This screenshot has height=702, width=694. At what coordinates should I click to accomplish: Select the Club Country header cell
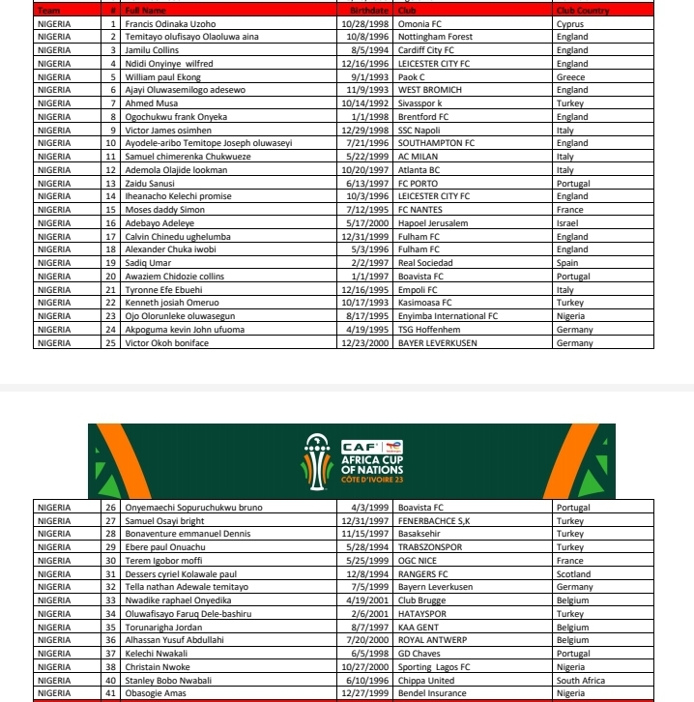point(583,10)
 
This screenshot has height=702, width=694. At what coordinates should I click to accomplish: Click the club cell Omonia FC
point(422,23)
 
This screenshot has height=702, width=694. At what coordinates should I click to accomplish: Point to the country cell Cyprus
point(570,23)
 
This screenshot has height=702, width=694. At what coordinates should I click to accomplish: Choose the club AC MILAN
point(419,157)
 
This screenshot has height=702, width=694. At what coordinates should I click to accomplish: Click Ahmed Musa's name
point(149,102)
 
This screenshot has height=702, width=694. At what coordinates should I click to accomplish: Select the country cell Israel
point(567,223)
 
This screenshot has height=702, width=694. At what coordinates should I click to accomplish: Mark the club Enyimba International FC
point(448,316)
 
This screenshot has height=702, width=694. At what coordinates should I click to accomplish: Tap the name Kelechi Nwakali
point(156,654)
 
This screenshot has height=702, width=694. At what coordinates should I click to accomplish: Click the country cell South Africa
point(581,681)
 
